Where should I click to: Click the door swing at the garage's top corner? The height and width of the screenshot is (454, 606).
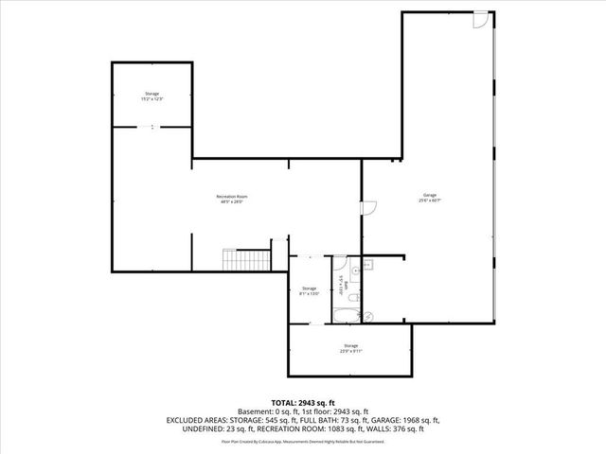tap(482, 19)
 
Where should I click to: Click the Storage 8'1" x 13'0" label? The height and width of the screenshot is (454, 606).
tap(310, 290)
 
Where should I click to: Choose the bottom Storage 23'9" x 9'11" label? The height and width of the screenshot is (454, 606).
tap(350, 348)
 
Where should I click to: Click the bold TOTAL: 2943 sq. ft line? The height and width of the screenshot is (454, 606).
tap(302, 403)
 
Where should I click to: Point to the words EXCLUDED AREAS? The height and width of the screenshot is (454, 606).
tap(199, 419)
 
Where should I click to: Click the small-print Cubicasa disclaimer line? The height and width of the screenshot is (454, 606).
tap(302, 441)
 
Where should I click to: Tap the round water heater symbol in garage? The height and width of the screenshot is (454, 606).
tap(370, 316)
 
